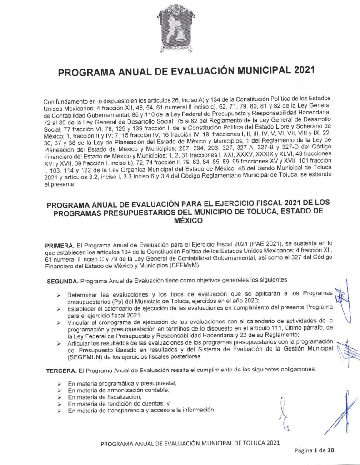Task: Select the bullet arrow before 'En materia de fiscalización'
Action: point(59,397)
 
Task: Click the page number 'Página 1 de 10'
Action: point(314,450)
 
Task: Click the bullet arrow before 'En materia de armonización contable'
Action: point(59,391)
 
